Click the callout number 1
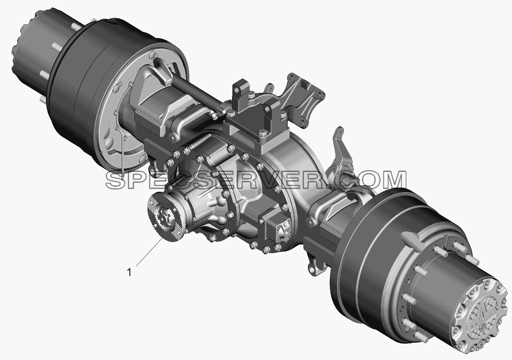(x=129, y=272)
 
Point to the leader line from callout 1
(x=150, y=252)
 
